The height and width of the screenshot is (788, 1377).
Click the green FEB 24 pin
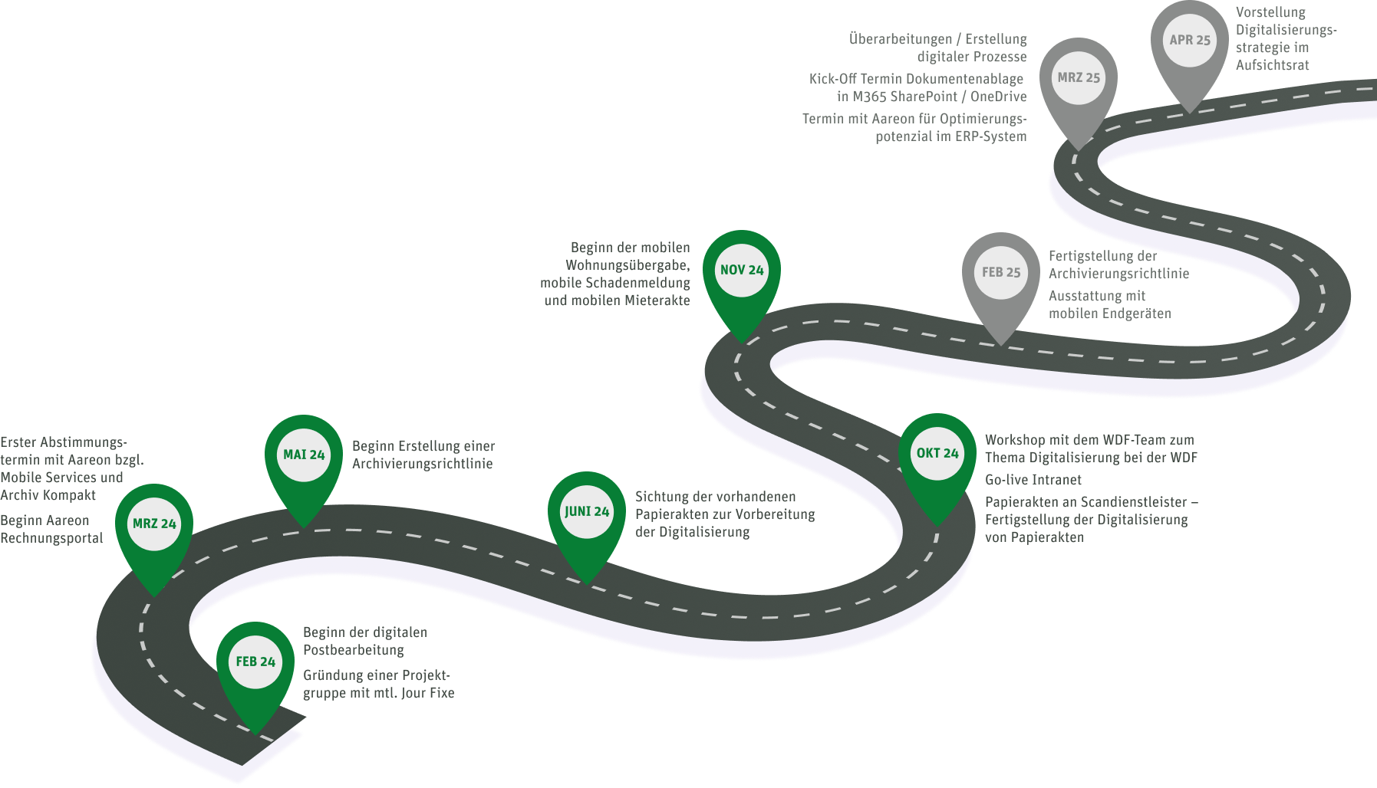pyautogui.click(x=255, y=662)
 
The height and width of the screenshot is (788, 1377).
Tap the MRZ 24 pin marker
pyautogui.click(x=154, y=524)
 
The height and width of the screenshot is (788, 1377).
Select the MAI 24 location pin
pyautogui.click(x=304, y=455)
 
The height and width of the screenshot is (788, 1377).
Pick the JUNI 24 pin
pyautogui.click(x=587, y=512)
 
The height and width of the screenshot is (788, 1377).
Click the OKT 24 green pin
pyautogui.click(x=937, y=454)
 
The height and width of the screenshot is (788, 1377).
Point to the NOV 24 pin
pyautogui.click(x=742, y=271)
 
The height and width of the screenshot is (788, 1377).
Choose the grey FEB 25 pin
pyautogui.click(x=1001, y=273)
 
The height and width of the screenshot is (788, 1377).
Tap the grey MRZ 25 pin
pyautogui.click(x=1079, y=78)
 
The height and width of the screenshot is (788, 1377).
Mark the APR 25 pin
pyautogui.click(x=1190, y=41)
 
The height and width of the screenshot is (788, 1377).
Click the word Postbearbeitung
pyautogui.click(x=354, y=650)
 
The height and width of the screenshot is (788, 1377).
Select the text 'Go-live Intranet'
pyautogui.click(x=1033, y=480)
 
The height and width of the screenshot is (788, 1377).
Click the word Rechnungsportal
pyautogui.click(x=51, y=538)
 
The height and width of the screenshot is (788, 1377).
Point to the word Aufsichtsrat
pyautogui.click(x=1273, y=65)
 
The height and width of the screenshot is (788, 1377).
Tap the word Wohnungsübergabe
pyautogui.click(x=627, y=265)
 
